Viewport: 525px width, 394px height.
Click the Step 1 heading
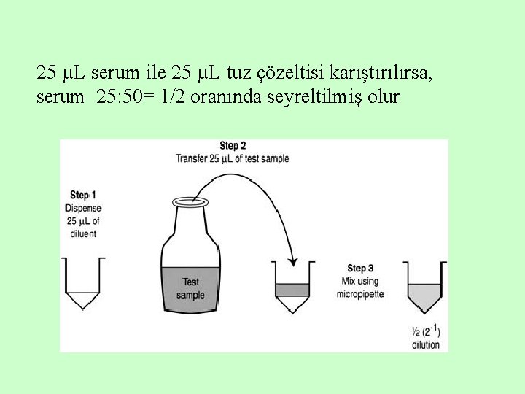tap(82, 195)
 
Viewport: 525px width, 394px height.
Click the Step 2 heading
tap(233, 146)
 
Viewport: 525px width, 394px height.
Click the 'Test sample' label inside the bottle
tap(190, 288)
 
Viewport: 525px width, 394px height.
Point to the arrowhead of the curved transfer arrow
tap(292, 260)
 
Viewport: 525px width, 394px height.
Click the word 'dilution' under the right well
tap(426, 344)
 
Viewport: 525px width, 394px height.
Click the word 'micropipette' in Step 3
tap(360, 294)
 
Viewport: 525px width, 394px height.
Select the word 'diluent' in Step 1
tap(82, 233)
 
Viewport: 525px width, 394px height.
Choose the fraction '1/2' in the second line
tap(171, 97)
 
